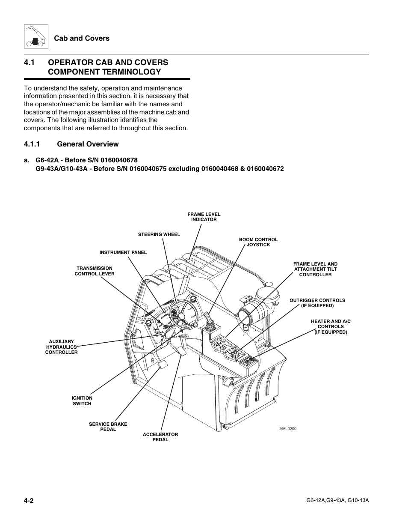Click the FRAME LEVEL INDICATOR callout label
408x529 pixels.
[204, 217]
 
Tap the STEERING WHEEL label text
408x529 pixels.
[159, 234]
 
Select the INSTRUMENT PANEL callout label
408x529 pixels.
[123, 252]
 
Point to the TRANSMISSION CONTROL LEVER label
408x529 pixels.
[95, 271]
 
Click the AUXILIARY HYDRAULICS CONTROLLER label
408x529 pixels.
[61, 347]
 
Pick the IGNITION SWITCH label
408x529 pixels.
[82, 401]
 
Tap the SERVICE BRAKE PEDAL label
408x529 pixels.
[108, 427]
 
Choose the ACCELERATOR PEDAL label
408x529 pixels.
[160, 437]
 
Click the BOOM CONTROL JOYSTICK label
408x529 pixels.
[258, 242]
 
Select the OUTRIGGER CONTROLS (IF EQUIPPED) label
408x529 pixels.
[317, 303]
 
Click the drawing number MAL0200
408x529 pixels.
[288, 428]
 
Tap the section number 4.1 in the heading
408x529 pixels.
[29, 63]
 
